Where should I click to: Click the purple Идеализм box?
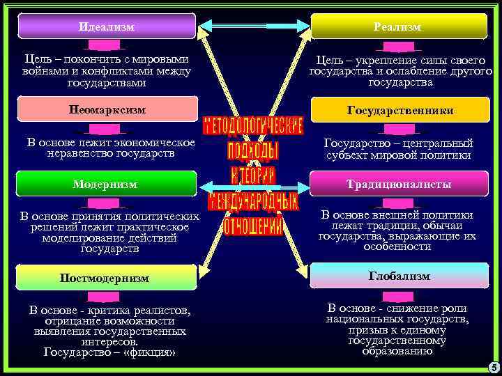[x=107, y=26]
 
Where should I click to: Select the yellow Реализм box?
[x=398, y=26]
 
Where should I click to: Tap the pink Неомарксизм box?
[x=107, y=109]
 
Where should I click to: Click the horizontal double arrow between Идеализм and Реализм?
[x=253, y=26]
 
